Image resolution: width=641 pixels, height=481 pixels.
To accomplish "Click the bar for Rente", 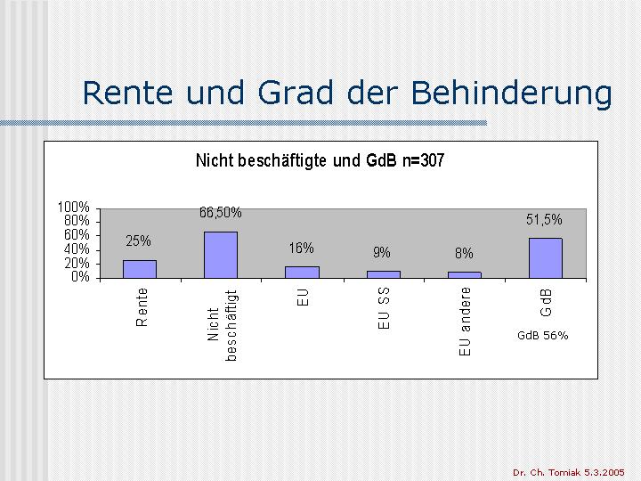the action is pos(140,269).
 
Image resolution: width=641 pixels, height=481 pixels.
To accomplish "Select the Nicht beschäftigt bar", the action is pos(221,255).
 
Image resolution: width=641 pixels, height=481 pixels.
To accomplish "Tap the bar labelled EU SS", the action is pos(384,274).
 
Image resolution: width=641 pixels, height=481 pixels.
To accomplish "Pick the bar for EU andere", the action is pos(465,275).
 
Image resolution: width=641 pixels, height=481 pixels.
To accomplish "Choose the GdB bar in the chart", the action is pos(546,258).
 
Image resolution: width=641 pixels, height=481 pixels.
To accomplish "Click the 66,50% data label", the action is pos(221,213).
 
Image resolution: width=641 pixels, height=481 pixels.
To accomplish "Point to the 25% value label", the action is pos(138,240).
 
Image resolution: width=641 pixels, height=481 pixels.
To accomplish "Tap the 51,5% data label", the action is pos(544,220).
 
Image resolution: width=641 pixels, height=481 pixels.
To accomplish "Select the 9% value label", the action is pos(382,252).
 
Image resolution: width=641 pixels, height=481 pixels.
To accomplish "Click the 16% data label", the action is pos(301,248).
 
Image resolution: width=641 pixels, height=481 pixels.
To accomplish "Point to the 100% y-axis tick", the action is pos(74,208).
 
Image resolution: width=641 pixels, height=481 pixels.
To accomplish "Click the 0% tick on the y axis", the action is pos(80,277).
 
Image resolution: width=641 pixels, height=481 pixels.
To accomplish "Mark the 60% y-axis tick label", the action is pos(77,235).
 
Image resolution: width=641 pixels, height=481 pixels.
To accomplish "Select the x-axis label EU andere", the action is pos(465,322).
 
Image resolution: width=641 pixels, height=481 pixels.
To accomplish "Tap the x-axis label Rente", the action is pos(142,307).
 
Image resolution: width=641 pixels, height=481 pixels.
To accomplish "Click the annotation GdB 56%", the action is pos(543,336).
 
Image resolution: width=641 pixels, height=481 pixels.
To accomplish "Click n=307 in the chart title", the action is pos(423,160).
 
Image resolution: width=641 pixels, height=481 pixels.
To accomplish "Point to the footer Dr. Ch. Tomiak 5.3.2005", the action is pos(569,472).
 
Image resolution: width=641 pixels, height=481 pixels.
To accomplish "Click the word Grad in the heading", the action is pos(296,93).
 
